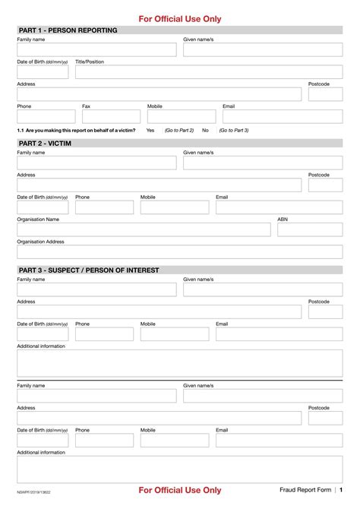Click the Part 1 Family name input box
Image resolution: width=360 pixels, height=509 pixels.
click(x=96, y=50)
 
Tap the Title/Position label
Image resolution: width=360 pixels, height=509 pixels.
click(x=90, y=62)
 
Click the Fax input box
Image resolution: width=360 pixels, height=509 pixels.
click(x=111, y=117)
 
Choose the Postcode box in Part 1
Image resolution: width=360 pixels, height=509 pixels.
click(x=325, y=94)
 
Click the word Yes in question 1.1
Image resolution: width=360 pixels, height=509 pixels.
click(x=150, y=131)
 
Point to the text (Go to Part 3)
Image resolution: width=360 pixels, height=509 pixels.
click(x=234, y=131)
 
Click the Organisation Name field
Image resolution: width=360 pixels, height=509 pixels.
click(x=144, y=229)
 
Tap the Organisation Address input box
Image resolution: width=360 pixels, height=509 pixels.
click(x=180, y=252)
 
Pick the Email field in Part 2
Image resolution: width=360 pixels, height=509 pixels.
click(x=279, y=207)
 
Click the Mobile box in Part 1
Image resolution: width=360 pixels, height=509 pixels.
click(x=177, y=117)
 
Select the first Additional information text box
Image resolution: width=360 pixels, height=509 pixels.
click(x=180, y=363)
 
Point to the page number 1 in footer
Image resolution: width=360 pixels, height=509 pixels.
click(x=341, y=490)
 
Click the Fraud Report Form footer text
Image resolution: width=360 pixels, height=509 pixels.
click(x=305, y=490)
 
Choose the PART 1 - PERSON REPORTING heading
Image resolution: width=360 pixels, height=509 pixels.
click(x=68, y=30)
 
